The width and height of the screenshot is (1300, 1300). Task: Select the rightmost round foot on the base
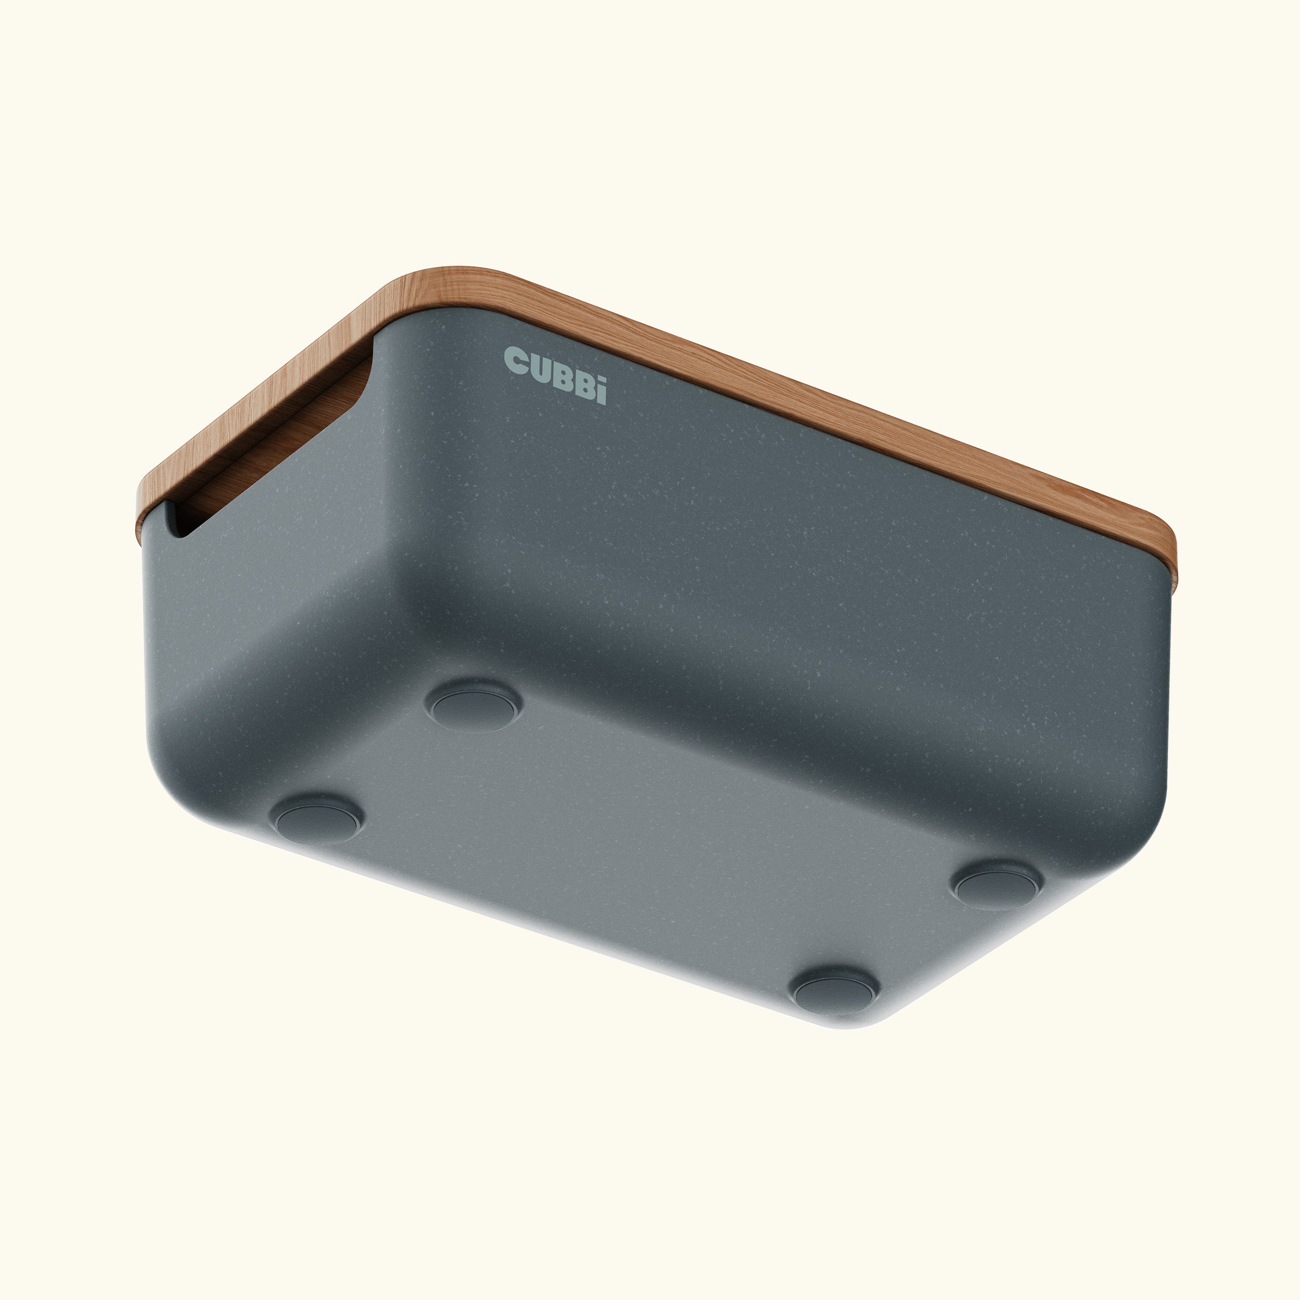coord(998,883)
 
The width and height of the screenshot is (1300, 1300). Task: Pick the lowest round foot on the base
coord(835,990)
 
